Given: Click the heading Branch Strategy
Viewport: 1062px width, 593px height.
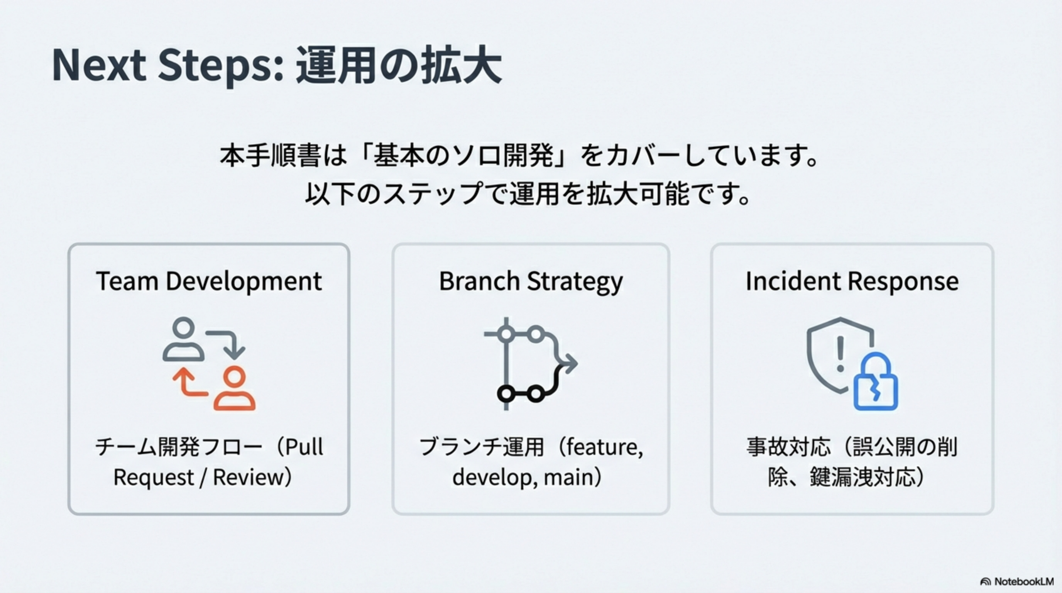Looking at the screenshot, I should pyautogui.click(x=531, y=282).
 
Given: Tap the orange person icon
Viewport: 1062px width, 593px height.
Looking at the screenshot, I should pyautogui.click(x=234, y=388).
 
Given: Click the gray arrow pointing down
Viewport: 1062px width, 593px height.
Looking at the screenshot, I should pyautogui.click(x=231, y=344).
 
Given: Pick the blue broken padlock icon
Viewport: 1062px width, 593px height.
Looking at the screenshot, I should pyautogui.click(x=875, y=383).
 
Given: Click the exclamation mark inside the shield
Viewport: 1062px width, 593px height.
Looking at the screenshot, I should pyautogui.click(x=840, y=353).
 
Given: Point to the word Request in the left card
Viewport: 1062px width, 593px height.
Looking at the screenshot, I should pyautogui.click(x=153, y=478).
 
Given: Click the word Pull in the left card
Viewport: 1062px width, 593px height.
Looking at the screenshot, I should pyautogui.click(x=304, y=447).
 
